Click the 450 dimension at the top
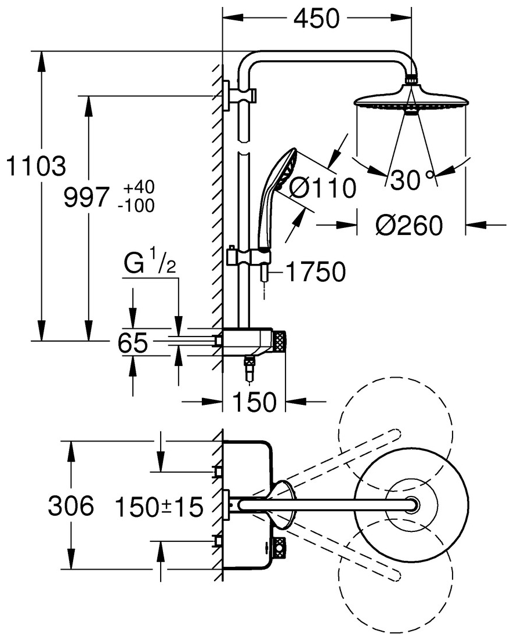(317, 19)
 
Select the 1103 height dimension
(36, 166)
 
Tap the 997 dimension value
(86, 197)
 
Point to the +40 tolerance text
(139, 187)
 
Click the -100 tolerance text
(136, 205)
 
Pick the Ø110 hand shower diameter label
(323, 189)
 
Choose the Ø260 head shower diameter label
(409, 225)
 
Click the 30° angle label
(411, 179)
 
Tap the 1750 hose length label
(315, 272)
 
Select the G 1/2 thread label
(150, 264)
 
